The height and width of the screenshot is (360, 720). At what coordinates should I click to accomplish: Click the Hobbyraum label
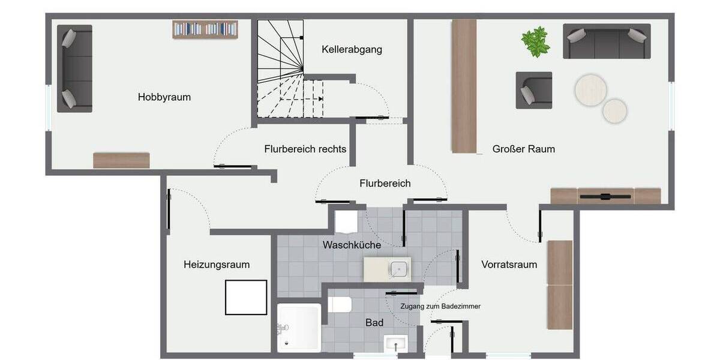tap(164, 97)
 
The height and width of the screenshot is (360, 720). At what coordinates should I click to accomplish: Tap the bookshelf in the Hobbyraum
tap(205, 29)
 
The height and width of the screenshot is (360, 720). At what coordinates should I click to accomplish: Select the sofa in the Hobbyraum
tap(74, 68)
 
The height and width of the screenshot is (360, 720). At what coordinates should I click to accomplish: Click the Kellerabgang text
tap(352, 49)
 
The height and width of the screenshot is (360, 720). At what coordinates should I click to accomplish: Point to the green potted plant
tap(535, 42)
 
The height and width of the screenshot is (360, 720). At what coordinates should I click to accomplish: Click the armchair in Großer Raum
tap(533, 90)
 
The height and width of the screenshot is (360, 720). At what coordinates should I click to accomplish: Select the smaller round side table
tap(615, 110)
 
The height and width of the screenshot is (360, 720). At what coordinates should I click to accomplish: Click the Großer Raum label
tap(523, 149)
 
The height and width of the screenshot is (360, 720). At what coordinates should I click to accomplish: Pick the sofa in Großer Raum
tap(607, 41)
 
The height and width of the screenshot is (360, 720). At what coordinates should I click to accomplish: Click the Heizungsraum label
tap(217, 264)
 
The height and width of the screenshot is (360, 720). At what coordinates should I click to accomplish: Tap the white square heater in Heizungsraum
tap(245, 298)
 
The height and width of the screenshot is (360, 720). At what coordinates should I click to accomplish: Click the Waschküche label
tap(352, 245)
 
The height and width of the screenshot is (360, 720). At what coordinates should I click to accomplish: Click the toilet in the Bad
tap(340, 305)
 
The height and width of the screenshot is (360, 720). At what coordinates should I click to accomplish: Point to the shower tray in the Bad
tap(299, 328)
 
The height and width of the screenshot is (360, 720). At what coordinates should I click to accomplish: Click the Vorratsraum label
tap(509, 264)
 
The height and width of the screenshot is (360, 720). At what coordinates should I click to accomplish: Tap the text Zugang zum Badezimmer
tap(440, 306)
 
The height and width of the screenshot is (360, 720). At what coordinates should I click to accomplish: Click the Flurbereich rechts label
tap(305, 149)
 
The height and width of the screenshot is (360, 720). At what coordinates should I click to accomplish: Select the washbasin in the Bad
tap(395, 344)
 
